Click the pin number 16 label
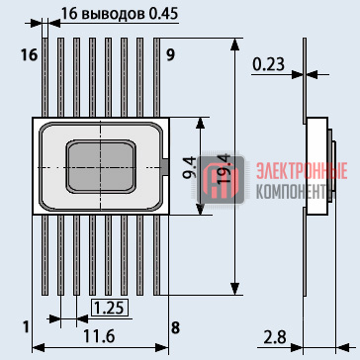click(30, 55)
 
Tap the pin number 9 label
click(170, 55)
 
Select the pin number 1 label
click(26, 327)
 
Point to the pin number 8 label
click(175, 327)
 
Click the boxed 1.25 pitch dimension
click(110, 309)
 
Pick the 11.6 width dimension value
click(99, 336)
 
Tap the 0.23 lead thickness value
click(269, 64)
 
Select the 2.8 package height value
click(275, 337)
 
